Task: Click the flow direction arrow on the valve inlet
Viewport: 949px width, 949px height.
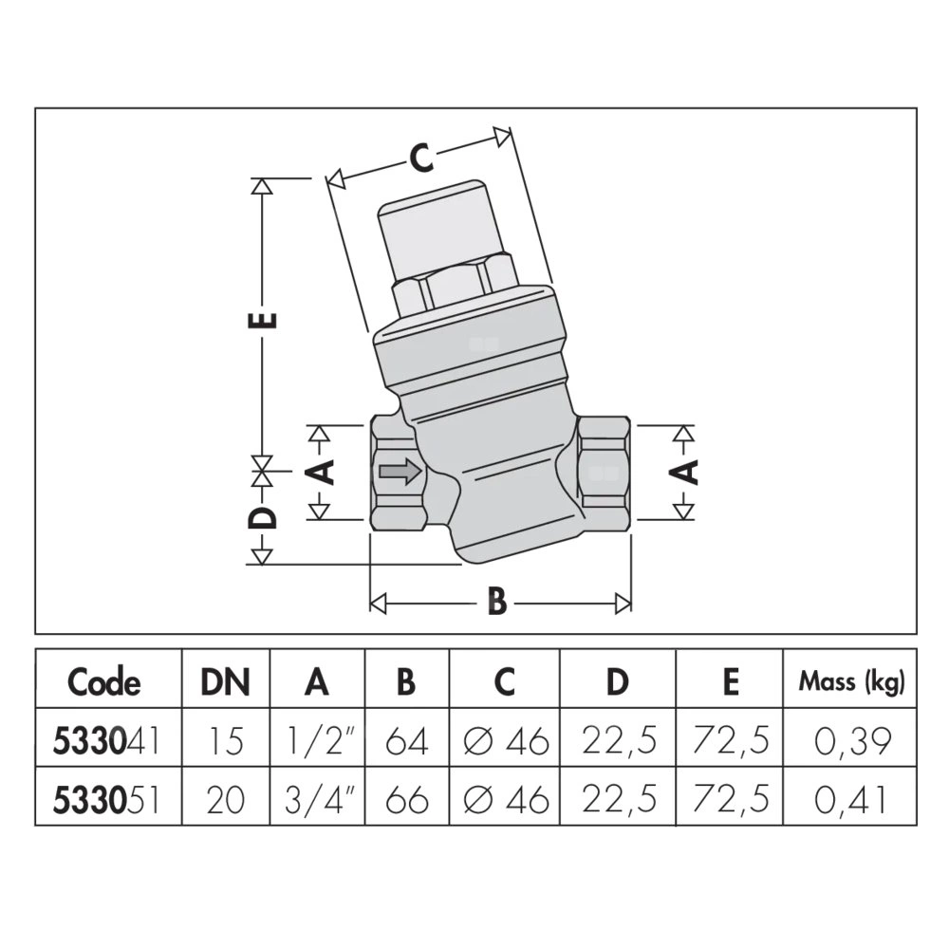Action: [x=400, y=472]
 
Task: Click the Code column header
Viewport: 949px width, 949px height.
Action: [x=104, y=681]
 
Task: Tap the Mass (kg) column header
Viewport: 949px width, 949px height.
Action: [x=851, y=680]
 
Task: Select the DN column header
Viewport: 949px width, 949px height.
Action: [x=225, y=681]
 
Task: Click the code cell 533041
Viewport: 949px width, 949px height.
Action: [x=104, y=740]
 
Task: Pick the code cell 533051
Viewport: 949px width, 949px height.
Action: [x=104, y=800]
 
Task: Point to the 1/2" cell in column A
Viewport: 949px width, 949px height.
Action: [x=320, y=740]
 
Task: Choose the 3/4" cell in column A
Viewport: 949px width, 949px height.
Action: [x=320, y=800]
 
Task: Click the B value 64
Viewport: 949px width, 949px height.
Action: [x=408, y=740]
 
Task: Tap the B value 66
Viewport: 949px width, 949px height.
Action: [x=408, y=800]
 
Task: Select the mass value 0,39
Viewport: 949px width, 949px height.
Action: [x=851, y=740]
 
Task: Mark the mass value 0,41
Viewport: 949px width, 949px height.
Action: [x=851, y=800]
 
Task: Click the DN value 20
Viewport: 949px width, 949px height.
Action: [x=225, y=800]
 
